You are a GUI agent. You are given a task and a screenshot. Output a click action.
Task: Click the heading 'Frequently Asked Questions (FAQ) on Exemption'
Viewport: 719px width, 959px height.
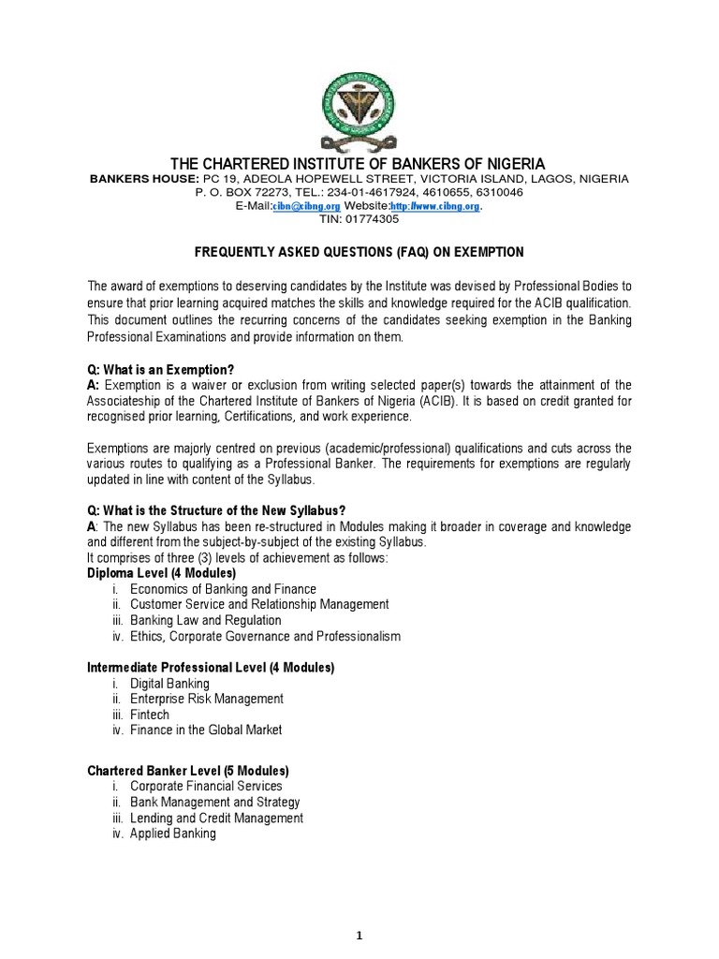(x=359, y=253)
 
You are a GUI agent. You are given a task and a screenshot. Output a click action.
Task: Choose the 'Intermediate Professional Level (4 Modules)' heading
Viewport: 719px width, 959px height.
(x=211, y=668)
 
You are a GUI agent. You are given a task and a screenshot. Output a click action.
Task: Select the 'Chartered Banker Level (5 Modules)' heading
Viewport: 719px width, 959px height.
(x=188, y=771)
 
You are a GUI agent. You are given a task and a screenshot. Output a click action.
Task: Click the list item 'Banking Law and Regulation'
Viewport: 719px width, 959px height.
(x=205, y=621)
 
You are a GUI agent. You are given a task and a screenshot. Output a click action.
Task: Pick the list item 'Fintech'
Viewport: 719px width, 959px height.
(x=150, y=715)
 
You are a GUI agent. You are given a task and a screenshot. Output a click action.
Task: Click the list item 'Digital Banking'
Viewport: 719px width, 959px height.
(x=169, y=684)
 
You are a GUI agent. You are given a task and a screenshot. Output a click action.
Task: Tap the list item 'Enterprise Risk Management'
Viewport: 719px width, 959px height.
(x=206, y=700)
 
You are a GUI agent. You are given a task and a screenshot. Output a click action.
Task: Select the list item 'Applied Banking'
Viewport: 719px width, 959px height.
(x=172, y=834)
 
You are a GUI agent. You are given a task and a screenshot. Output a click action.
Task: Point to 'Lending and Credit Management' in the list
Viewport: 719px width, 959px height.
(x=216, y=818)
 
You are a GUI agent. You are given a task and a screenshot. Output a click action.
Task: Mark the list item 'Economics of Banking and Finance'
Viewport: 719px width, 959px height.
(x=223, y=589)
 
